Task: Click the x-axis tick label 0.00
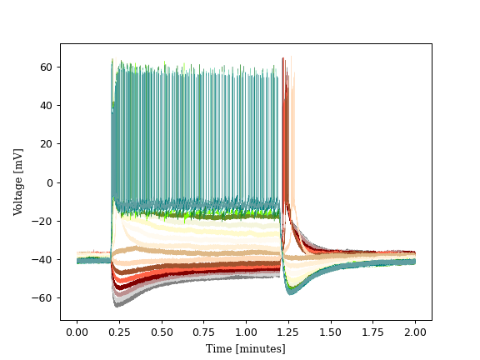click(77, 332)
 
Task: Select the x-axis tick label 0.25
click(119, 332)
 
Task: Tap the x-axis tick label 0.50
click(162, 332)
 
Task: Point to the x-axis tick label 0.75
click(204, 332)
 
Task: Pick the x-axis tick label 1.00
click(247, 332)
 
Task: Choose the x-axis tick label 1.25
click(288, 332)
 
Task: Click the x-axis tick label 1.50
click(331, 332)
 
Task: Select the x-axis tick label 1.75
click(373, 332)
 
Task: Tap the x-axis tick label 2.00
click(415, 332)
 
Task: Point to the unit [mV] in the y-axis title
click(18, 158)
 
